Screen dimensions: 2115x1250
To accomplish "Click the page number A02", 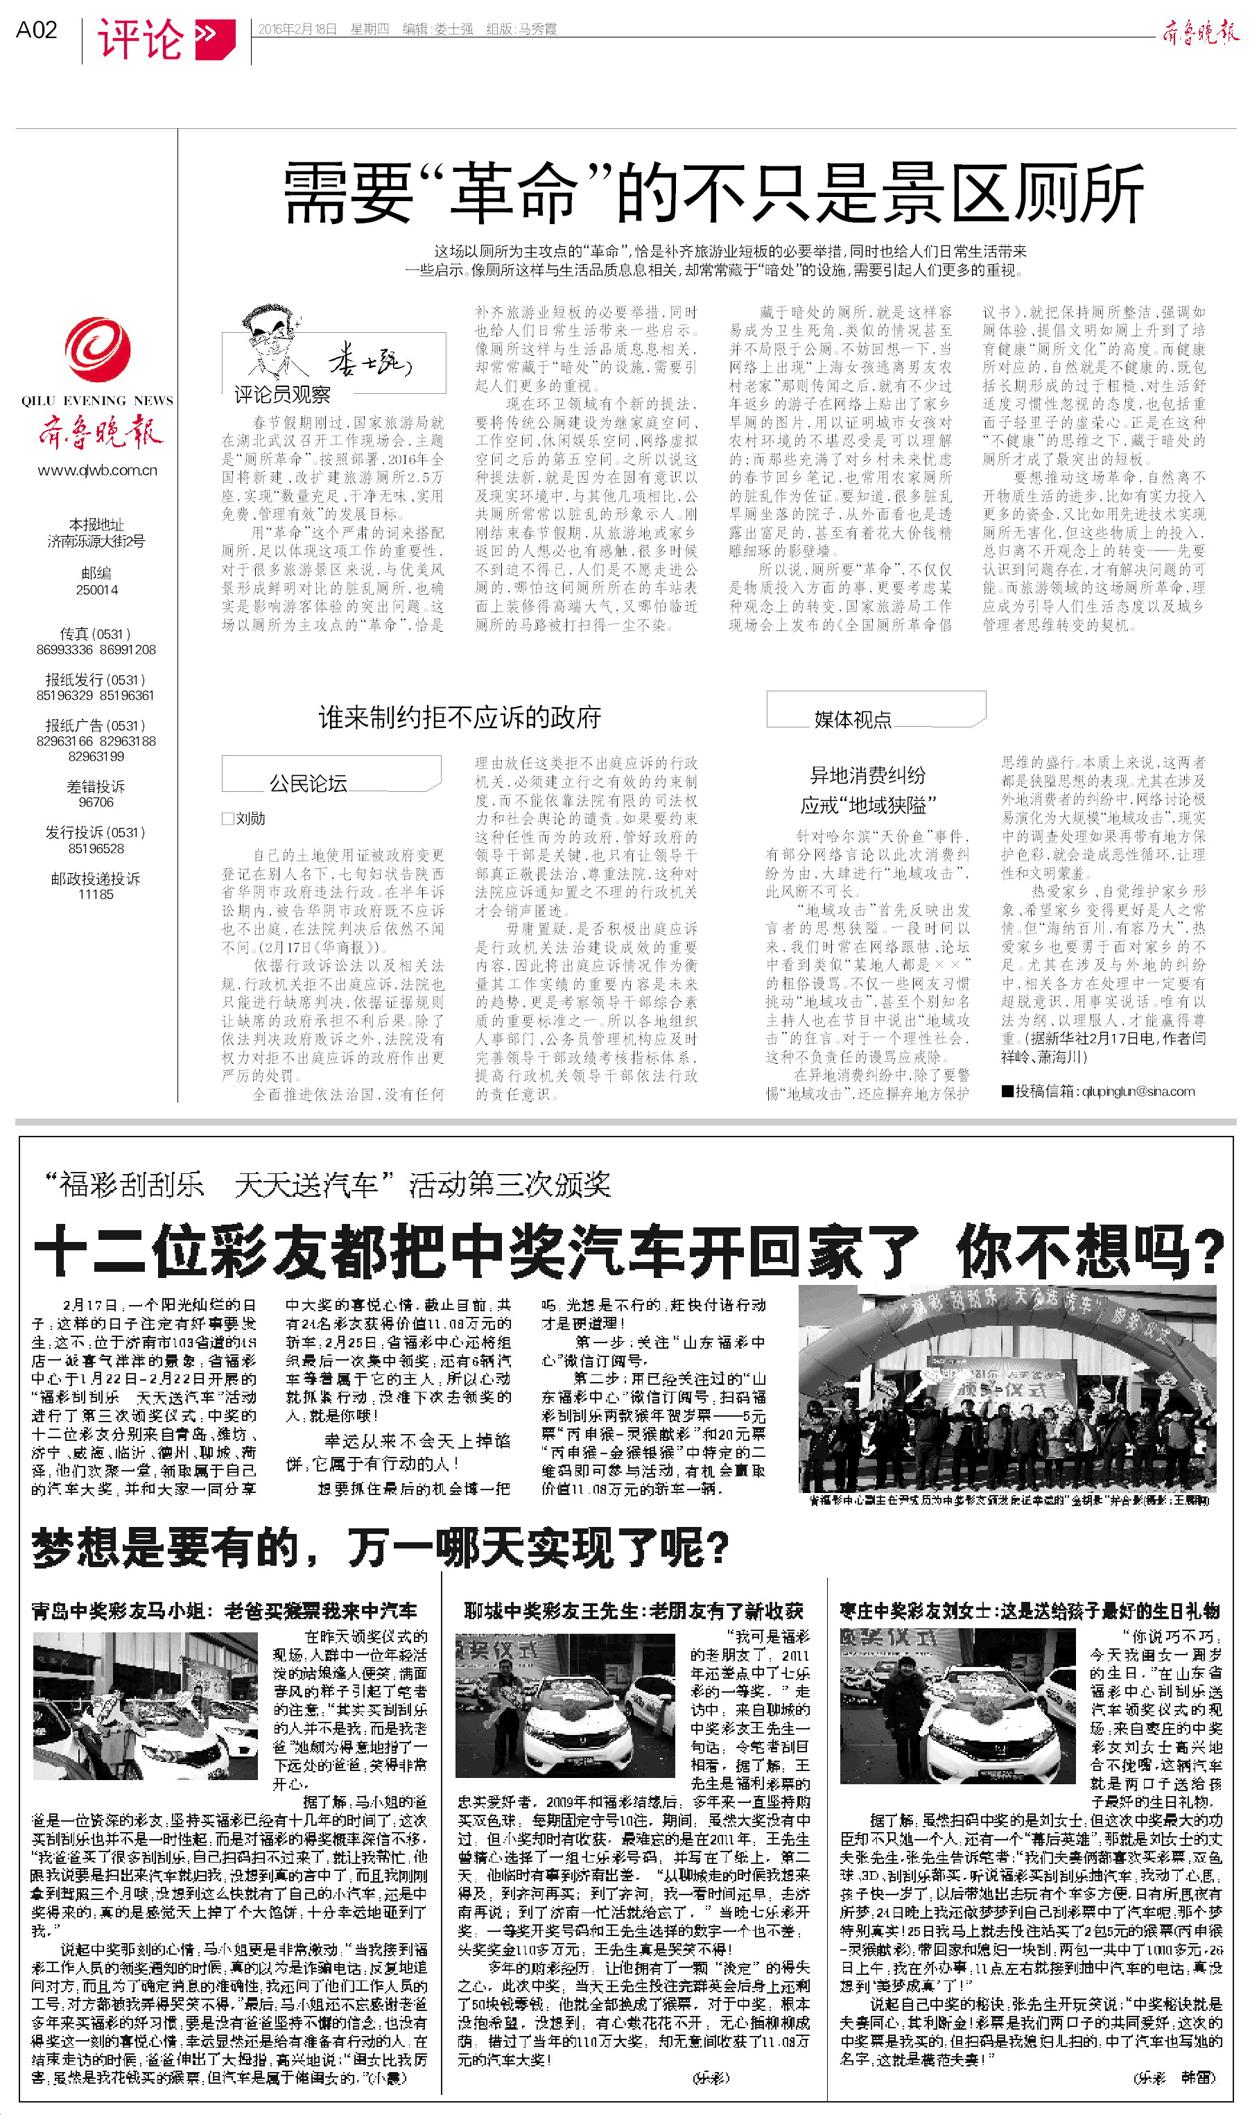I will pyautogui.click(x=36, y=31).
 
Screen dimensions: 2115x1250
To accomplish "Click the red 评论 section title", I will pyautogui.click(x=141, y=38).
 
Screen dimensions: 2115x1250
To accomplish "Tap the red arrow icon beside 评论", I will pyautogui.click(x=214, y=38).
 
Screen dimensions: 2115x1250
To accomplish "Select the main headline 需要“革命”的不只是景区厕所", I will pyautogui.click(x=713, y=193).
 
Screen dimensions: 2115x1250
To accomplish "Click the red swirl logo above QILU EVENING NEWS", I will pyautogui.click(x=98, y=349).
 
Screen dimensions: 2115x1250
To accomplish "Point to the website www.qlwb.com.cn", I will pyautogui.click(x=97, y=470).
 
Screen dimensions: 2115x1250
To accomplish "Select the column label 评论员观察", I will pyautogui.click(x=282, y=394).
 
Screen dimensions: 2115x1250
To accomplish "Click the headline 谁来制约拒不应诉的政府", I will pyautogui.click(x=459, y=718).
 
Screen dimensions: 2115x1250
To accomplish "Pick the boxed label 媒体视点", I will pyautogui.click(x=853, y=719).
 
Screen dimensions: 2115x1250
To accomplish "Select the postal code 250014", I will pyautogui.click(x=97, y=589).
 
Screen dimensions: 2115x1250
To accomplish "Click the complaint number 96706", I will pyautogui.click(x=96, y=802).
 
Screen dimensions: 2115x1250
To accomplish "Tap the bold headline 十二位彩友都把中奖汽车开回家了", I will pyautogui.click(x=476, y=1252).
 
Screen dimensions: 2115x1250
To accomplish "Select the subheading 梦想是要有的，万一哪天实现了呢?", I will pyautogui.click(x=381, y=1547).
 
